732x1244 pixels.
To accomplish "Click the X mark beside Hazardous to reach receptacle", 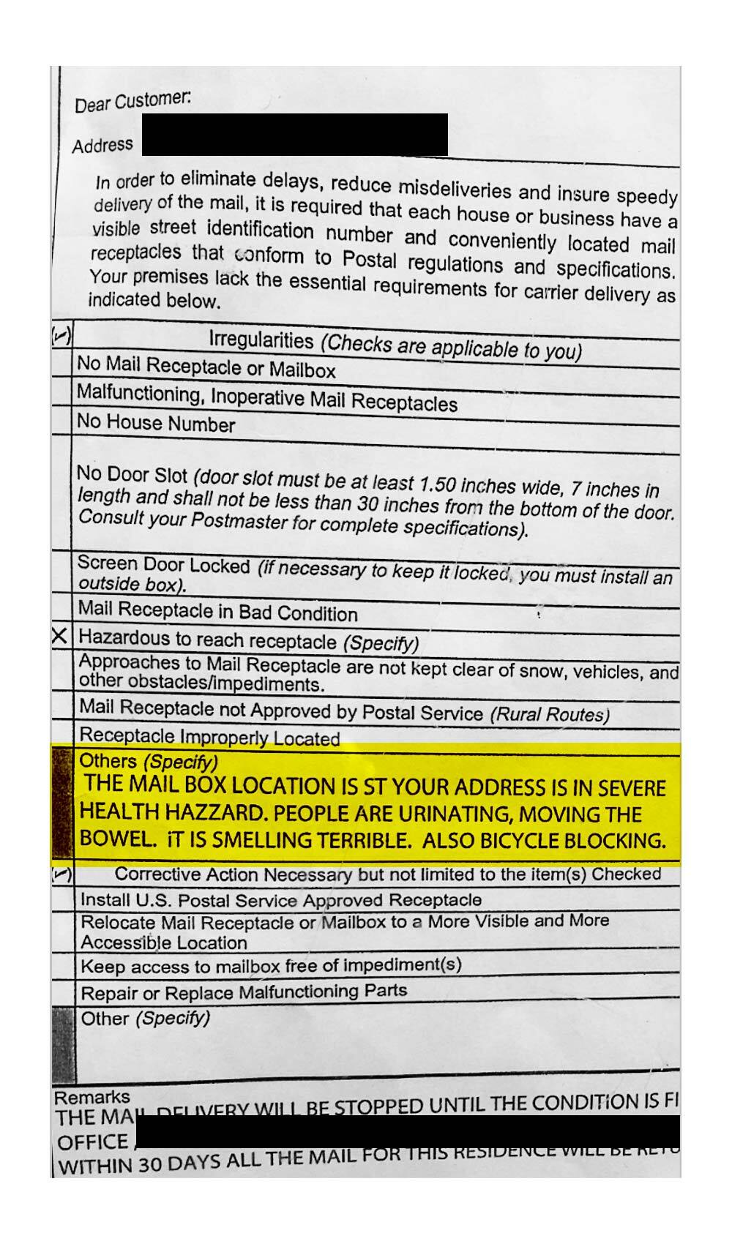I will [x=61, y=636].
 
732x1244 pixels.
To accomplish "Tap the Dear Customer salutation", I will [x=132, y=101].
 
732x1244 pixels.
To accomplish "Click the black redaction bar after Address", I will [x=295, y=135].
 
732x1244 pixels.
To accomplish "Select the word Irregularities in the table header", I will [x=261, y=340].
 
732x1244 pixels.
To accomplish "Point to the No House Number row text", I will [x=156, y=424].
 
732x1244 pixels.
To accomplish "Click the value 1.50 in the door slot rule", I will [x=437, y=484].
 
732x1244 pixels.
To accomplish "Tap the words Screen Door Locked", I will [x=164, y=564].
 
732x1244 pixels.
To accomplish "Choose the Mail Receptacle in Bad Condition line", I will [x=218, y=611].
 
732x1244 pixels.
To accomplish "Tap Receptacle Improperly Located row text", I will [x=209, y=736].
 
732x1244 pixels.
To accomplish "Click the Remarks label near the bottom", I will [x=91, y=1097].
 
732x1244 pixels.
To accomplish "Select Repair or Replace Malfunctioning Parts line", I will [x=244, y=993].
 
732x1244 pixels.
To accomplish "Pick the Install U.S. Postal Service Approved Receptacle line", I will [x=281, y=900].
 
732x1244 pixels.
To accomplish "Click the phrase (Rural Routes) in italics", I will [x=550, y=714].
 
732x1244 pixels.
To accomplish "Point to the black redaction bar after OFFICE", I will [x=407, y=1132].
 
